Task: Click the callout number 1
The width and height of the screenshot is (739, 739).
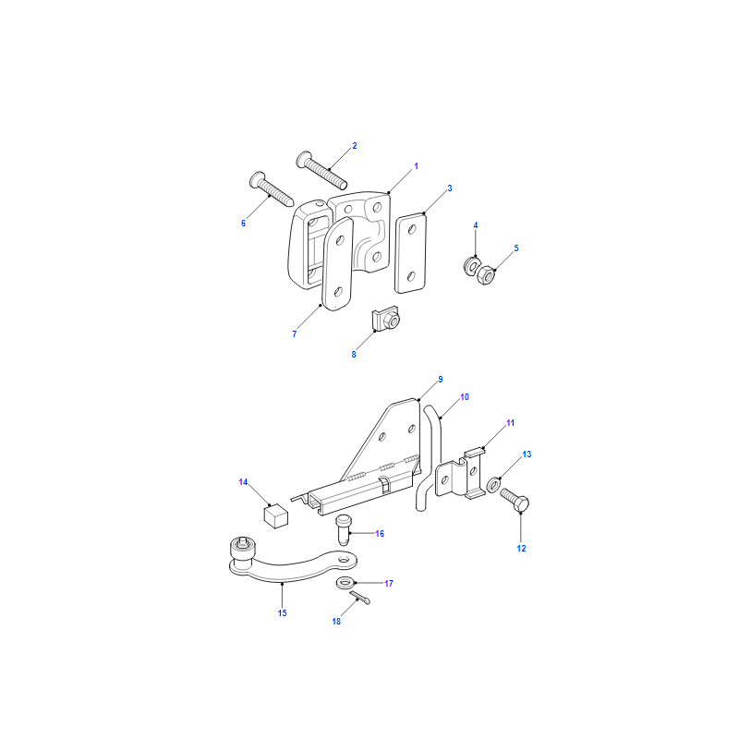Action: [417, 166]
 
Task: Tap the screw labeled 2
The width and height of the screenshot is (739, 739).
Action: [321, 170]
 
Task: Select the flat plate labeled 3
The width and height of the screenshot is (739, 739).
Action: [410, 253]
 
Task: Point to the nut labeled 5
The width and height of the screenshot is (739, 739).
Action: [486, 274]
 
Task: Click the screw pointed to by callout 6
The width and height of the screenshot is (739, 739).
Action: [272, 189]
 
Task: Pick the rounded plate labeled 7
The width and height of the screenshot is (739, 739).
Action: [337, 264]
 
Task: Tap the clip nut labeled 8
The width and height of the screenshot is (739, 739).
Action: [386, 319]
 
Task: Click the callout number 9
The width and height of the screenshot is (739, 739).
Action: [441, 380]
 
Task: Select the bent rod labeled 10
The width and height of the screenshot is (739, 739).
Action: [430, 458]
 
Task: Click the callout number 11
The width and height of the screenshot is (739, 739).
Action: [511, 423]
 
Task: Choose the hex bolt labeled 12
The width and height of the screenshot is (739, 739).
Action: [515, 501]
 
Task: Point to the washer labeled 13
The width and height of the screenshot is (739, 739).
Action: [493, 484]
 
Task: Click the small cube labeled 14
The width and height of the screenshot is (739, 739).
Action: [275, 515]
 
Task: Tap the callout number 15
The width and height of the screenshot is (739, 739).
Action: [283, 612]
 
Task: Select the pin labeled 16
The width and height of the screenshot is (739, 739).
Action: [343, 530]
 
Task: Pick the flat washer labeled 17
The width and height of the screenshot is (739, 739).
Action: [345, 583]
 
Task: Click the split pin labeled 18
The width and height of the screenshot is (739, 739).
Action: [360, 598]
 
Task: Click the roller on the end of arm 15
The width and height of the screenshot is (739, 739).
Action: [242, 553]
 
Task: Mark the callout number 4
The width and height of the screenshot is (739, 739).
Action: [476, 225]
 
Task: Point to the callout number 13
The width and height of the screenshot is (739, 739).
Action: [527, 454]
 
